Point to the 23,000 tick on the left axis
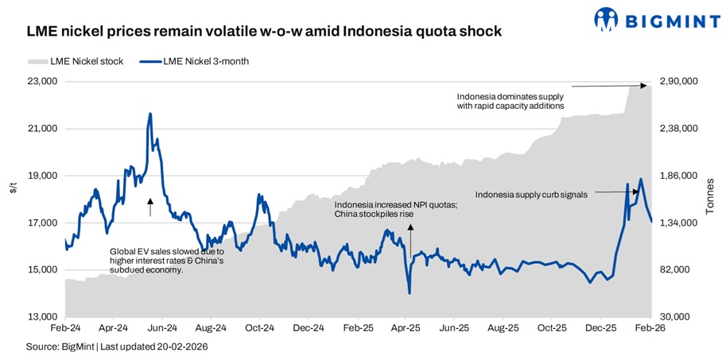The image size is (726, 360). tap(42, 81)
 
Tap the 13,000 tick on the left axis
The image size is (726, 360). tap(42, 317)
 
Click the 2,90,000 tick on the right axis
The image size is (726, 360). tap(679, 81)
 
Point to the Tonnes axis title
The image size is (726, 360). tap(709, 196)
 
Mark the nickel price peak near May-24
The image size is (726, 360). tap(149, 114)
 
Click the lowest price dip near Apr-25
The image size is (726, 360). tap(409, 293)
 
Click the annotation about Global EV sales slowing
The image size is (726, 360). tap(166, 260)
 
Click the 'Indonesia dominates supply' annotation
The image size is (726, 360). tap(511, 100)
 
